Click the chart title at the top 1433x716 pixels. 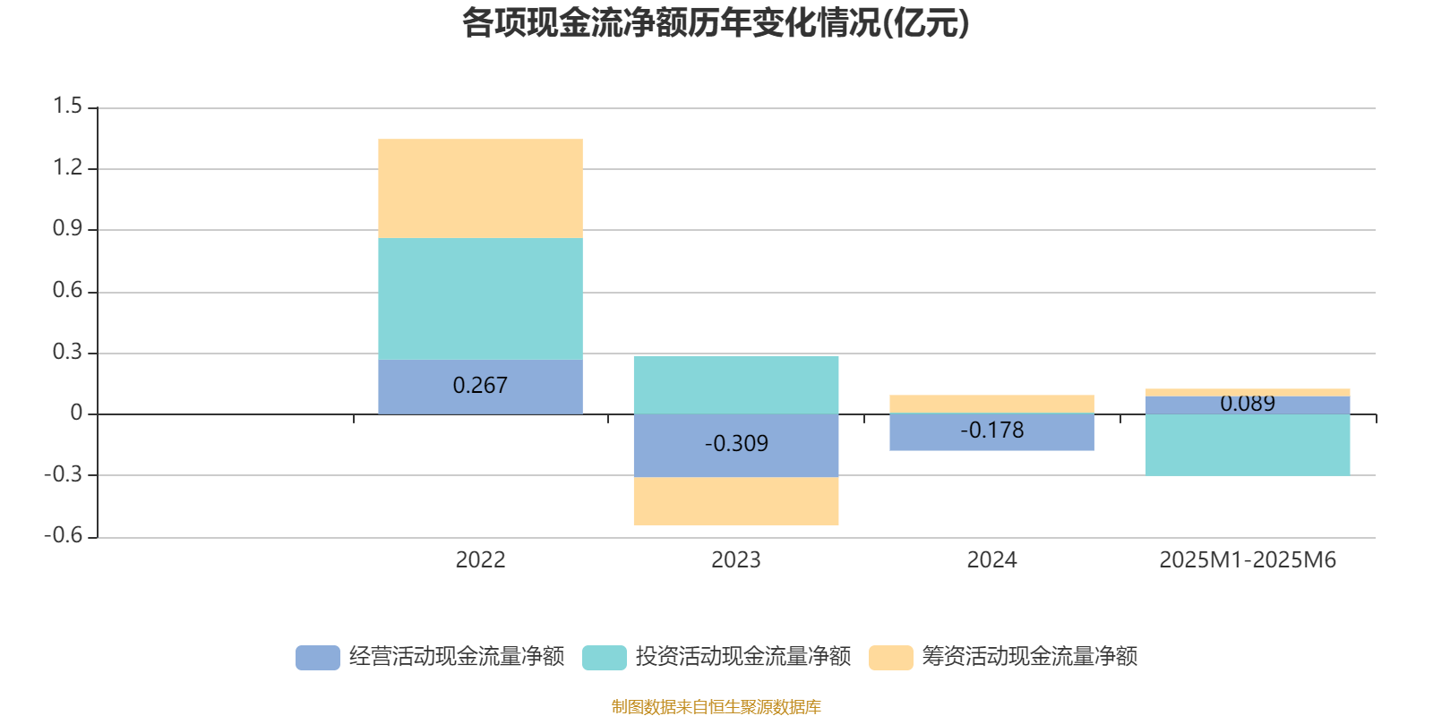(716, 24)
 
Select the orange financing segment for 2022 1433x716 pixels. (480, 188)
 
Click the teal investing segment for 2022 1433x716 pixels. (480, 299)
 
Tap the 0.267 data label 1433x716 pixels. (480, 386)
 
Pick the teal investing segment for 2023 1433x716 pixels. (736, 385)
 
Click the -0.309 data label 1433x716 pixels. (736, 444)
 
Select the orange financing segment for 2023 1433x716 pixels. (736, 501)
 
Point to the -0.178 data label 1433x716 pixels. (991, 430)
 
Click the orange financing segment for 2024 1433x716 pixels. (991, 404)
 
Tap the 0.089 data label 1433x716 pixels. (1248, 404)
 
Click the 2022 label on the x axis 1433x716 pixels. (480, 560)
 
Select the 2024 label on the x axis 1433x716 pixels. (991, 560)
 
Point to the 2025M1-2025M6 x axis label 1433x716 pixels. (1248, 560)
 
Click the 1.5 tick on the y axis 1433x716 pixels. (67, 107)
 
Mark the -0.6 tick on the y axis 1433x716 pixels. (63, 535)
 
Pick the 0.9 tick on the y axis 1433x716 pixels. (67, 229)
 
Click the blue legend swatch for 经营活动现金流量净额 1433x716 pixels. (318, 658)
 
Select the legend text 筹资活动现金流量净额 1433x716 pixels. (1030, 657)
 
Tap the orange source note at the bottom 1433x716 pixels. (716, 707)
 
